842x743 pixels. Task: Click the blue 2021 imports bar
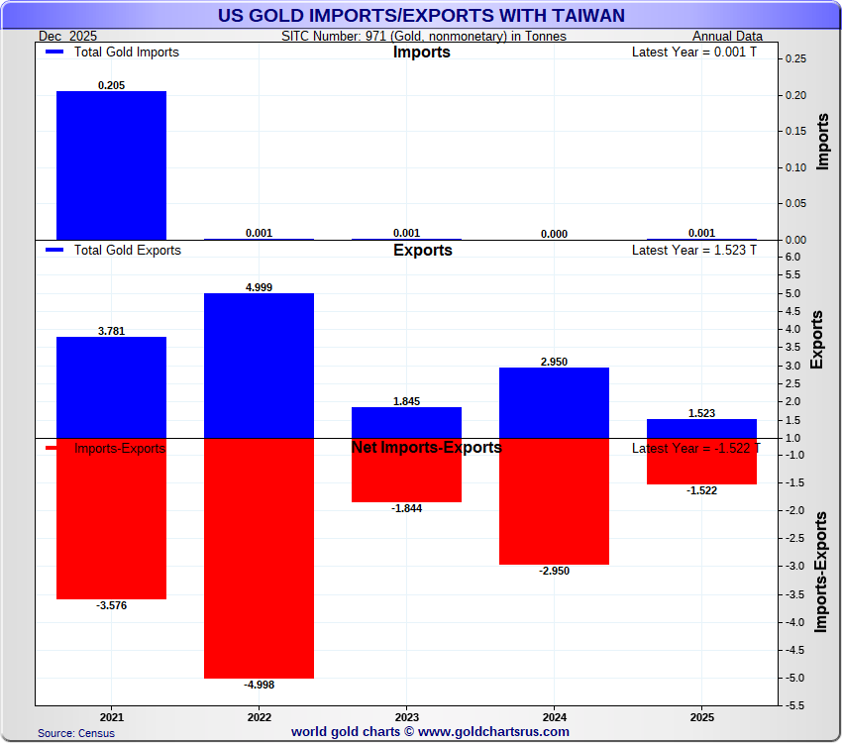(x=111, y=164)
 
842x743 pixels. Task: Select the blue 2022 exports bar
(x=259, y=366)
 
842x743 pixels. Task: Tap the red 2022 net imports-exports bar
(x=259, y=558)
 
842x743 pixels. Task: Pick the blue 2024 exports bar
(x=554, y=402)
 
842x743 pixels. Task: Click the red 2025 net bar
(x=701, y=462)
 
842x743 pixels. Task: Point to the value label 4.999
(x=259, y=287)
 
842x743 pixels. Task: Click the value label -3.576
(x=111, y=605)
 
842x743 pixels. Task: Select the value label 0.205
(x=111, y=85)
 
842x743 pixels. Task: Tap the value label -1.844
(x=406, y=508)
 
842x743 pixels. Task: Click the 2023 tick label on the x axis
(x=406, y=715)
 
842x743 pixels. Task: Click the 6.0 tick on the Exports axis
(x=795, y=258)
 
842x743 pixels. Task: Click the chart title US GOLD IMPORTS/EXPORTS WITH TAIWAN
(x=421, y=15)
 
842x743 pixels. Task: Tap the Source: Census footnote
(x=76, y=733)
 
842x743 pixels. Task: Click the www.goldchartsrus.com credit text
(x=430, y=732)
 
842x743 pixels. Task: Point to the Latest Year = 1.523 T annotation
(x=693, y=251)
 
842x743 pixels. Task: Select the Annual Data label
(x=727, y=37)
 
